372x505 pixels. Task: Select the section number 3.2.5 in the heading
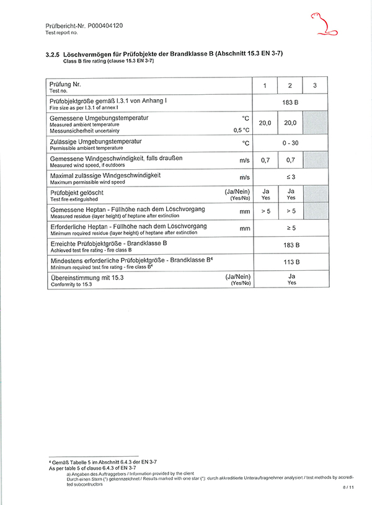[53, 55]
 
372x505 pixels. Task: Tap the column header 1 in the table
[265, 86]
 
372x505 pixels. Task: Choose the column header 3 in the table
[315, 86]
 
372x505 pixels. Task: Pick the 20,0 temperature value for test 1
[265, 123]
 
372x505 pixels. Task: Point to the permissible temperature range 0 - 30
[290, 143]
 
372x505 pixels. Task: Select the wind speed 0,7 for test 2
[290, 160]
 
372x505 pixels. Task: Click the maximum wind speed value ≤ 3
[290, 178]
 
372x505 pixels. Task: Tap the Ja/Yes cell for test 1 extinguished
[265, 195]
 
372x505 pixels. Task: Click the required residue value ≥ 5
[290, 229]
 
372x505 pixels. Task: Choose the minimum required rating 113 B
[290, 262]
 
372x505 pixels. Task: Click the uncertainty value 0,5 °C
[241, 130]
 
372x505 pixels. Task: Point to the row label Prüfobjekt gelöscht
[77, 193]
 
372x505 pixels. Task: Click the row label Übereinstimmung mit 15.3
[86, 277]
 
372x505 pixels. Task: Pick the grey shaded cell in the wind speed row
[315, 160]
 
